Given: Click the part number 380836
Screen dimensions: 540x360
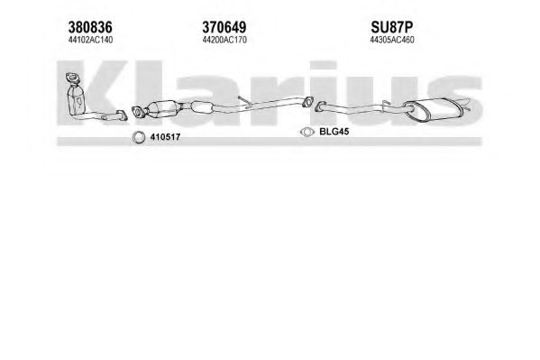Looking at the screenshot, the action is tap(90, 27).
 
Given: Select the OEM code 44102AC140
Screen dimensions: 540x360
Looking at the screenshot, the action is tap(90, 40).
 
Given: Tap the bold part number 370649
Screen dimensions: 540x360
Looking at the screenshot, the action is tap(224, 27).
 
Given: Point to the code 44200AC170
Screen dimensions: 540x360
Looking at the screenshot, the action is tap(224, 40).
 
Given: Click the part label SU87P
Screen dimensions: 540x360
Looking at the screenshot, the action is tap(392, 27).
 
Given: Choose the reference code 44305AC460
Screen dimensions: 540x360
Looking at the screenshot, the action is tap(392, 40).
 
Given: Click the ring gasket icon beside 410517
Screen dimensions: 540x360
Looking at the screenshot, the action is tap(139, 137).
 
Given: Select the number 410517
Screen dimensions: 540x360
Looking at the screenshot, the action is tap(165, 137).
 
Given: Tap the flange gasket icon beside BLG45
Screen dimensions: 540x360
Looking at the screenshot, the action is tap(307, 132).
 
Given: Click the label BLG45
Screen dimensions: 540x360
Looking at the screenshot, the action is tap(334, 132).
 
